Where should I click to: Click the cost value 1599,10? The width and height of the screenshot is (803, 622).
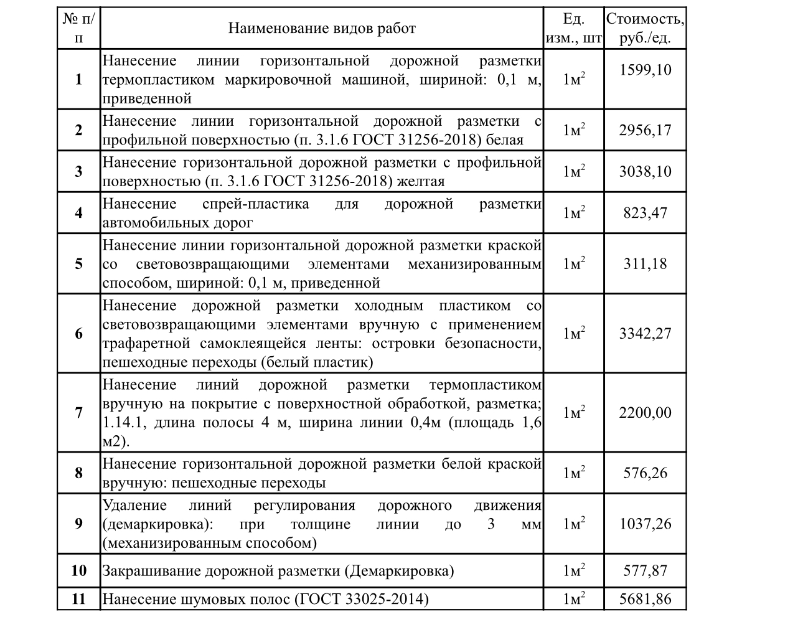tap(645, 69)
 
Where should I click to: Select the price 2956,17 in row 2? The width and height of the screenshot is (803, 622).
tap(645, 130)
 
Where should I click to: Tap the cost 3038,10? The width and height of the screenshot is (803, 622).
tap(645, 171)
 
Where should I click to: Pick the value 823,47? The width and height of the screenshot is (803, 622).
tap(645, 213)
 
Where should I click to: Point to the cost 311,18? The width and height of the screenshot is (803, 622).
tap(645, 263)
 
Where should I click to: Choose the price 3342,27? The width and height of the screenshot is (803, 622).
tap(645, 333)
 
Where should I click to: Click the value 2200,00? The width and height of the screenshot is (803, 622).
tap(645, 412)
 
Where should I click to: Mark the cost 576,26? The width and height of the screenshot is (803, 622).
tap(645, 473)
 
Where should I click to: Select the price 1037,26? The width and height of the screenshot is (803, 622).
tap(645, 524)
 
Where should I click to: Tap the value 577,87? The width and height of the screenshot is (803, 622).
tap(645, 570)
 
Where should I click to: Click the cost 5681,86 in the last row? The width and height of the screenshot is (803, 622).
tap(645, 600)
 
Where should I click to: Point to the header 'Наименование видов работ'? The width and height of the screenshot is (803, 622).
tap(321, 28)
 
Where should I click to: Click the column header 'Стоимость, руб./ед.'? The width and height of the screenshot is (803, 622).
tap(645, 28)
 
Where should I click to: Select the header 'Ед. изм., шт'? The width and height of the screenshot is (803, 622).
tap(573, 28)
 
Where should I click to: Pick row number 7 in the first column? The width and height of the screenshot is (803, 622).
tap(78, 412)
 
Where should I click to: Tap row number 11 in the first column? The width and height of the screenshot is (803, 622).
tap(78, 600)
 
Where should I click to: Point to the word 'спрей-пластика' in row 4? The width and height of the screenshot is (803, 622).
tap(256, 204)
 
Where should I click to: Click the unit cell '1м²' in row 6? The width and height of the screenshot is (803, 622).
tap(573, 333)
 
